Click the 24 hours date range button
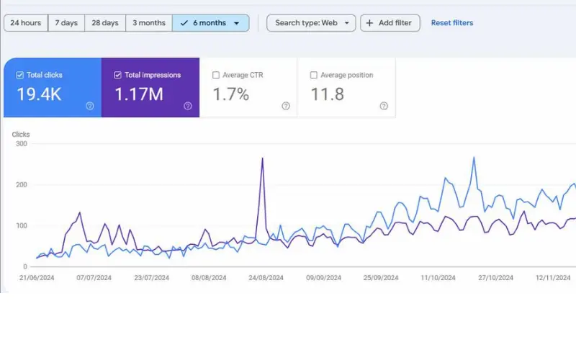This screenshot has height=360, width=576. [25, 23]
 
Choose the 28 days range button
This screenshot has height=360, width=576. [105, 23]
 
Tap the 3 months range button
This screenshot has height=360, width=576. [148, 23]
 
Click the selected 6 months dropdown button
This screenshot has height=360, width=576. [211, 23]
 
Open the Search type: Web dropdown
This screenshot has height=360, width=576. [311, 23]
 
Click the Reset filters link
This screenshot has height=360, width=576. [452, 23]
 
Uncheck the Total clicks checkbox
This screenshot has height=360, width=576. [19, 75]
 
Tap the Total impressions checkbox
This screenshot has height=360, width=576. [117, 75]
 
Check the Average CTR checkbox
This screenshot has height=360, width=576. [216, 75]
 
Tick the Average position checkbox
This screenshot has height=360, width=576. [313, 75]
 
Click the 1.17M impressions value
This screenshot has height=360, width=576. [139, 94]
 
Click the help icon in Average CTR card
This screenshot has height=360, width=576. [286, 106]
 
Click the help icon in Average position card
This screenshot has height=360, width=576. [384, 106]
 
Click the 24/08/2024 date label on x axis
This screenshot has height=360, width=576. [265, 277]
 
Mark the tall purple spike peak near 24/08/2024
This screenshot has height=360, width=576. [262, 158]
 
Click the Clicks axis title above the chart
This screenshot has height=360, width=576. [21, 134]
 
